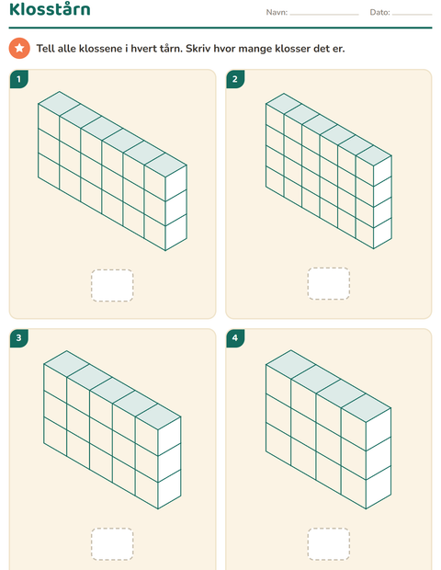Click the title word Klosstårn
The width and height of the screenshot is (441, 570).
point(50,9)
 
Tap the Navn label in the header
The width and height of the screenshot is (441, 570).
point(277,12)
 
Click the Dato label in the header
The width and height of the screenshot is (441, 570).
point(379,12)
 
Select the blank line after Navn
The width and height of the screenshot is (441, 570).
point(324,15)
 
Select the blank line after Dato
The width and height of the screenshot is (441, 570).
point(412,15)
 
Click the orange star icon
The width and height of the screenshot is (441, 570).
point(19,48)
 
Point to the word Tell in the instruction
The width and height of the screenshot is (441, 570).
point(45,49)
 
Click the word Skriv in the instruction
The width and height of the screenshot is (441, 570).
point(198,49)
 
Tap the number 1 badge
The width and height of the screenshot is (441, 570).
point(19,79)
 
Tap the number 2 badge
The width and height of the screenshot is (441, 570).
point(235,79)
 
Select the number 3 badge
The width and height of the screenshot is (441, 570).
point(19,338)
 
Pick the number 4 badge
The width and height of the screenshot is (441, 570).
point(235,338)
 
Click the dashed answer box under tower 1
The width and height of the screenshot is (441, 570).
point(112,285)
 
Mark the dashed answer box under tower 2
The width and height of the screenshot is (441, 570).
point(329,283)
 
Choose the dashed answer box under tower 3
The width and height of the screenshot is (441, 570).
point(112,544)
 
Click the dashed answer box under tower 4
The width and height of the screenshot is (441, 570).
point(329,544)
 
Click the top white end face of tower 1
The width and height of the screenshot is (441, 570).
point(176,183)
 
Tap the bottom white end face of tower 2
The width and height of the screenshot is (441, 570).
point(382,233)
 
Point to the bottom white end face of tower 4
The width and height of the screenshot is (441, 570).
point(379,487)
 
